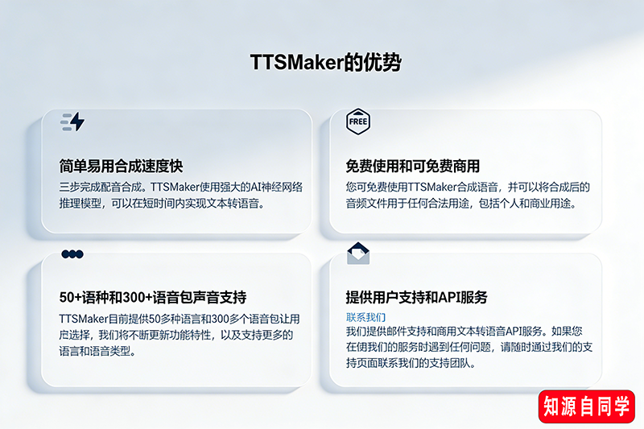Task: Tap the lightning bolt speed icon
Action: (x=73, y=122)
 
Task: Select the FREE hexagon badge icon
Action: (x=357, y=122)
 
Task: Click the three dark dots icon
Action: (x=72, y=254)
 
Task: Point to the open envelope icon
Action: (x=358, y=254)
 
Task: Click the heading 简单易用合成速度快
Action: (x=122, y=167)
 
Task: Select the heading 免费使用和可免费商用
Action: (x=412, y=167)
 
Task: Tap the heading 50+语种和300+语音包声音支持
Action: (x=153, y=297)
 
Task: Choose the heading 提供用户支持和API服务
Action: (x=416, y=297)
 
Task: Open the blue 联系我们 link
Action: (x=365, y=317)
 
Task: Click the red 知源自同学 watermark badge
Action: (x=587, y=407)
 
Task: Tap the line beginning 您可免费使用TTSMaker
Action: (x=468, y=188)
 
